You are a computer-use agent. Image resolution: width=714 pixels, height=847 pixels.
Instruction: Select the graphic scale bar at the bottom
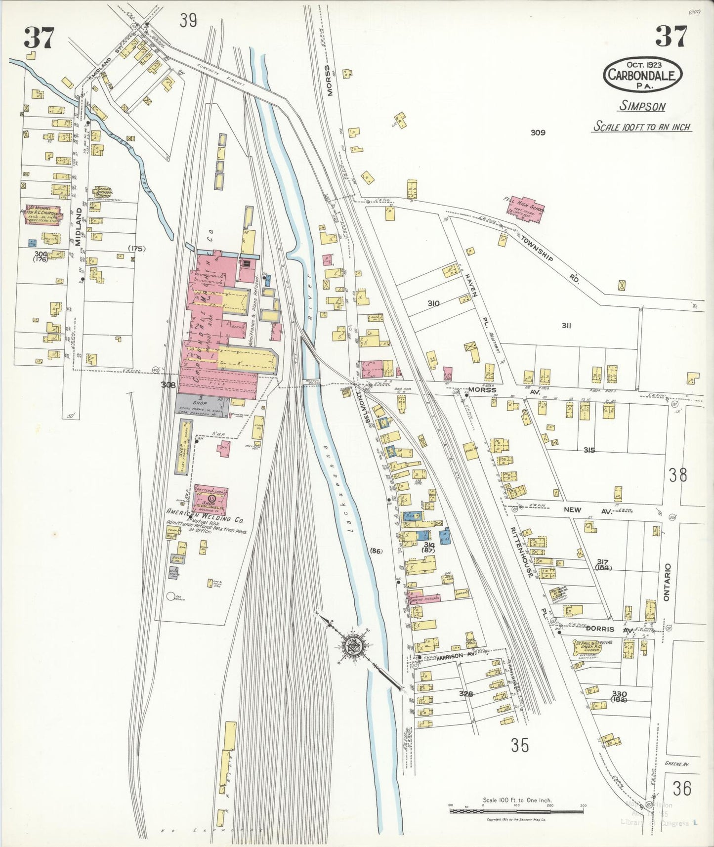coord(516,811)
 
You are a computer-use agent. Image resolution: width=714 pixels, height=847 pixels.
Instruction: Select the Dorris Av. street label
coord(607,630)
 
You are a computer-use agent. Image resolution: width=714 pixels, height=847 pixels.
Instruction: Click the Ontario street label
coord(667,582)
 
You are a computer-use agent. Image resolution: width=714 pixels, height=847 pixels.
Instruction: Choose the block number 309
coord(538,132)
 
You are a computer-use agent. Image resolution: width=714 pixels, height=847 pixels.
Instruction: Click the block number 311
coord(566,326)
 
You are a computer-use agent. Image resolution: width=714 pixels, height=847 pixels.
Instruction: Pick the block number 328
coord(465,694)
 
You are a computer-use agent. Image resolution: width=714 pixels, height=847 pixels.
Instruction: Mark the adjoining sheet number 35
coord(520,745)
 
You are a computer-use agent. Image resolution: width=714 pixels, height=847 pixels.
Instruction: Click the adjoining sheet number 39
coord(188,21)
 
